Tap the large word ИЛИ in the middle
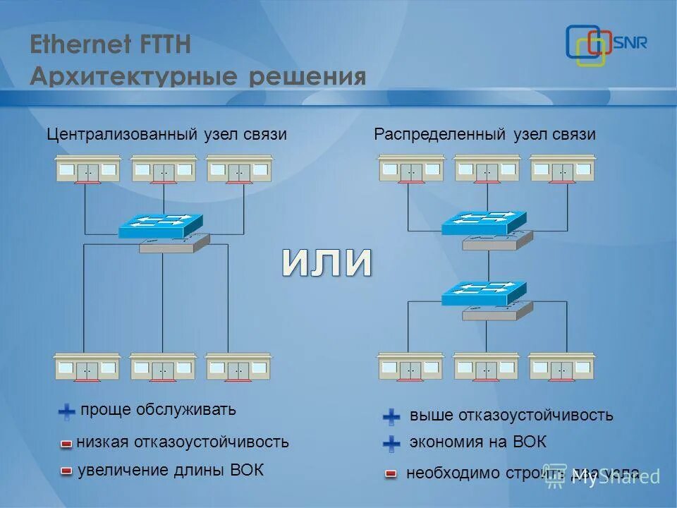(327, 262)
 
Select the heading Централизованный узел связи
(167, 134)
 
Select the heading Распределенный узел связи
(484, 134)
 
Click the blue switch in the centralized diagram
(161, 226)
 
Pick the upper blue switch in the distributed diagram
(484, 223)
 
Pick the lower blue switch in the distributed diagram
(484, 294)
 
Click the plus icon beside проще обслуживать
(66, 411)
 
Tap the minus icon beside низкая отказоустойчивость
(66, 444)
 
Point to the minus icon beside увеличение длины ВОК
(66, 471)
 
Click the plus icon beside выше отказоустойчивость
(391, 416)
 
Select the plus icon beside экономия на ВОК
(391, 444)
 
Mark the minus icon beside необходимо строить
(391, 474)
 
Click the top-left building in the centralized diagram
(88, 169)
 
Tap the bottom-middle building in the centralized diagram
(162, 367)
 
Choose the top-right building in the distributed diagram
(562, 169)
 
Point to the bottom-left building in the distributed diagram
(410, 367)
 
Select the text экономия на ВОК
(477, 443)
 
